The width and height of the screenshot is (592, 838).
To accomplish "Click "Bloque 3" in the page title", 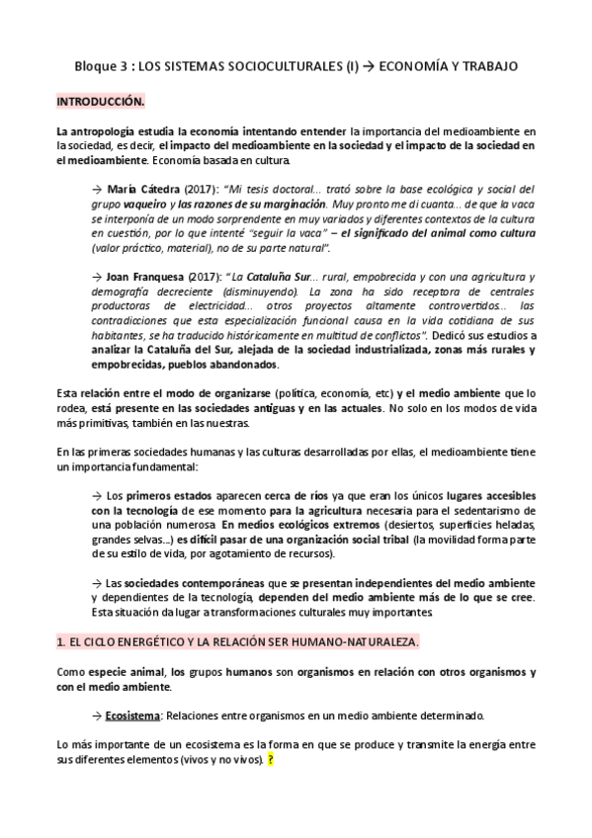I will pos(102,66).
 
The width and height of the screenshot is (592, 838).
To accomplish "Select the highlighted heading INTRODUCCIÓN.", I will pos(100,101).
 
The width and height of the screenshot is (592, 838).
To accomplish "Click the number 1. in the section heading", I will pos(60,641).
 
